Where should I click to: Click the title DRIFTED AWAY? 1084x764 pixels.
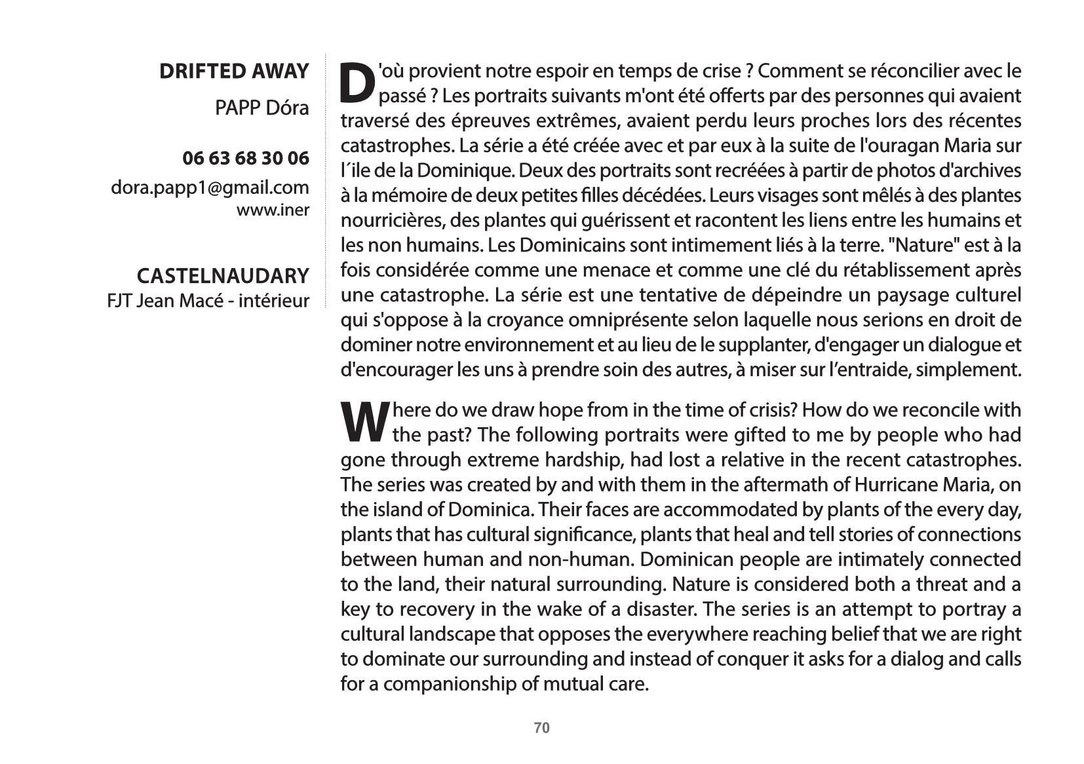[233, 71]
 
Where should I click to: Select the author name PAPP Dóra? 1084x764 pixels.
[261, 108]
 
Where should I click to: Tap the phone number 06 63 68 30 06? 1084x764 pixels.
[245, 159]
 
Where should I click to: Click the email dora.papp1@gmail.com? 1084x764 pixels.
[210, 188]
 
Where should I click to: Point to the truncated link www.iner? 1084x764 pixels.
[273, 210]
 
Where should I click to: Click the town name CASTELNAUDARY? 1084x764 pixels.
[222, 276]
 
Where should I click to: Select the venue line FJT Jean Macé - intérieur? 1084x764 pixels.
[208, 301]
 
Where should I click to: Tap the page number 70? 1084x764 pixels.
[542, 728]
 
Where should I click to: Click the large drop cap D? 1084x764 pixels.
[357, 84]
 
